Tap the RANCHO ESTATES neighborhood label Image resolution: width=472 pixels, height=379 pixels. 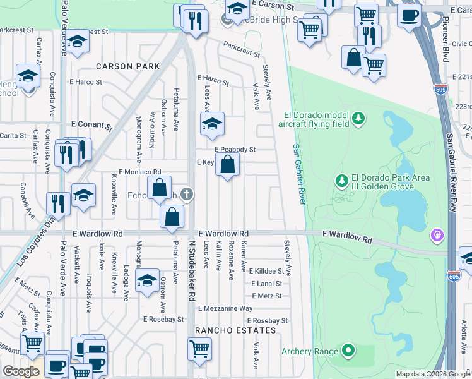tap(235, 330)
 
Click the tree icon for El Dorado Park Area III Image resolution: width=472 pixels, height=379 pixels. tap(342, 181)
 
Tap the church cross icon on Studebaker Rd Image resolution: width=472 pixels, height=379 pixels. tap(186, 194)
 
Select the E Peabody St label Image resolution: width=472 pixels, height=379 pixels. tap(235, 150)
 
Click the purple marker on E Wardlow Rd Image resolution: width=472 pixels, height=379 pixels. tap(435, 236)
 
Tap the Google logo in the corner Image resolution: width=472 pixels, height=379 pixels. tap(21, 371)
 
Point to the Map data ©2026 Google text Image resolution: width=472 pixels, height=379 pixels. tap(432, 374)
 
